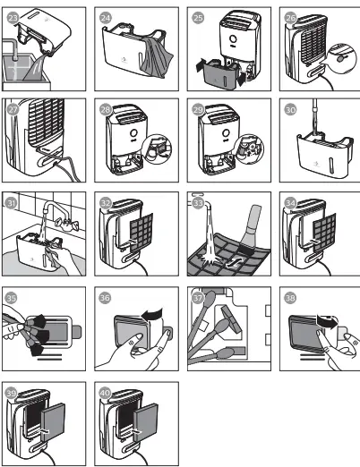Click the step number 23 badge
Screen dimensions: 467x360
pos(13,16)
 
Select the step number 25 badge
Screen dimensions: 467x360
pos(196,16)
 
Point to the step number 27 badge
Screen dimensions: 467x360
pos(13,109)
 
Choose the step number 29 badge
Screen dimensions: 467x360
pos(196,109)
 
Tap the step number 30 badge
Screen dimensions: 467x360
pos(288,109)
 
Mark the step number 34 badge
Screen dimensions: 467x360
pos(288,202)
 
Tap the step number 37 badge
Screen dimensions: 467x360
pos(196,295)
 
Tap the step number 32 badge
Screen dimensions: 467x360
pos(105,202)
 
